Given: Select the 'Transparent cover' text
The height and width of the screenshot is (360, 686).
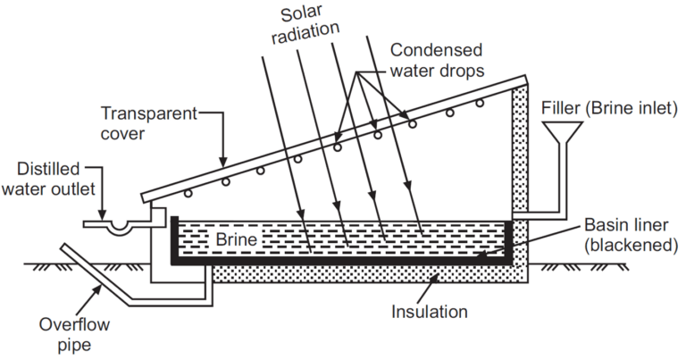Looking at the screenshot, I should tap(148, 123).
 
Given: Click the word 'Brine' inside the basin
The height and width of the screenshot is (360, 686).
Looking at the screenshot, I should tap(237, 240).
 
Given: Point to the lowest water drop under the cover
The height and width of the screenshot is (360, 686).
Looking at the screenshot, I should tap(188, 192).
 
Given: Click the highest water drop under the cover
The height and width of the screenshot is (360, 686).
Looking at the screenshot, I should tap(480, 104).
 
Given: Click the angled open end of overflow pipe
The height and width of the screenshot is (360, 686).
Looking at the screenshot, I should tap(66, 253).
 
